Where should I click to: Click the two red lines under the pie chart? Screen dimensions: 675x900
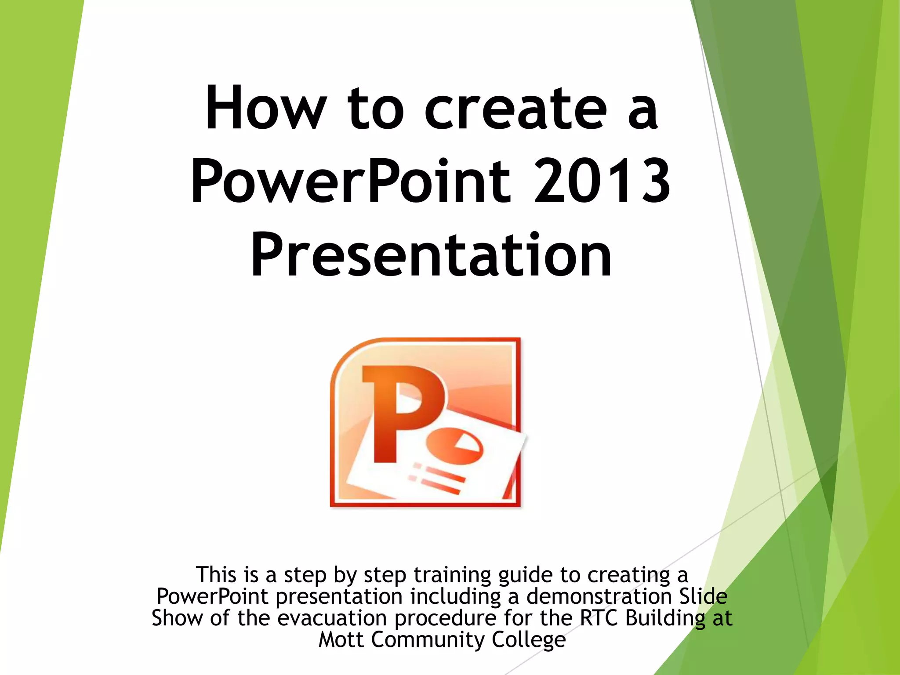439,479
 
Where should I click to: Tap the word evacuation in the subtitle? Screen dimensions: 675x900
332,618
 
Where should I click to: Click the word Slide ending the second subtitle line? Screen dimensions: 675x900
703,596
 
